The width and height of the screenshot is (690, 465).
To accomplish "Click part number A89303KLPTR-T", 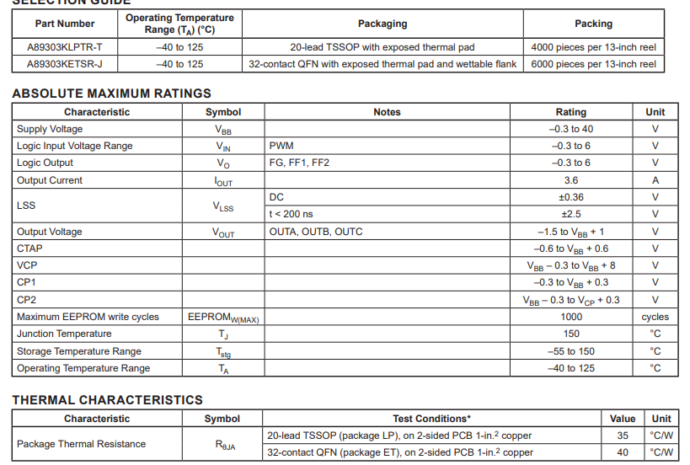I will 65,47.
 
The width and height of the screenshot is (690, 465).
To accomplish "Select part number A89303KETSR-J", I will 65,64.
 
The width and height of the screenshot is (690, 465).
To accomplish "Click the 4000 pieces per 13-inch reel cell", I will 593,47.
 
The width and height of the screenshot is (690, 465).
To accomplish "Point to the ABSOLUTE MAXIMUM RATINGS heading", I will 111,94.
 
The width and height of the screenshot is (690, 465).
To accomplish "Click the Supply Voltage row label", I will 50,129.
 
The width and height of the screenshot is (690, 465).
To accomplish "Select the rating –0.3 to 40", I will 570,129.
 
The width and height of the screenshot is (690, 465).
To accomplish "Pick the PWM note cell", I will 281,146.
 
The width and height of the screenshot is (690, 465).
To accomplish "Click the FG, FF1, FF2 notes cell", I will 299,163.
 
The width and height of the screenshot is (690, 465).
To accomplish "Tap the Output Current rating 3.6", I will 570,180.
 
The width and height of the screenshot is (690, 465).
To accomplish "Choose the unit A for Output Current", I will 655,180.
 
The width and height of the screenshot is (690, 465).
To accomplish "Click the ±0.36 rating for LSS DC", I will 570,197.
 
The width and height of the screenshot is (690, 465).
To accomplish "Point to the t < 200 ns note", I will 291,214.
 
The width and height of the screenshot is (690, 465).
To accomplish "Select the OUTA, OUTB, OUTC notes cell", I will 316,232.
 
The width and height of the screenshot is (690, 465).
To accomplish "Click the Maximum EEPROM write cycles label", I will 88,317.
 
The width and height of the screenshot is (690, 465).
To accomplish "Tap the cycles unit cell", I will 655,317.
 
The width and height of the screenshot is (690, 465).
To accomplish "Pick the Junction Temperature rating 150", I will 570,334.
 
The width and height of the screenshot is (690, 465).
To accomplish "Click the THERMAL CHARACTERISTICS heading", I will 107,400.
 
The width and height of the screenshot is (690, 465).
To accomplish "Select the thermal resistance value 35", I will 623,436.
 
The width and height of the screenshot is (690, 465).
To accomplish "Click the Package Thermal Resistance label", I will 81,444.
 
